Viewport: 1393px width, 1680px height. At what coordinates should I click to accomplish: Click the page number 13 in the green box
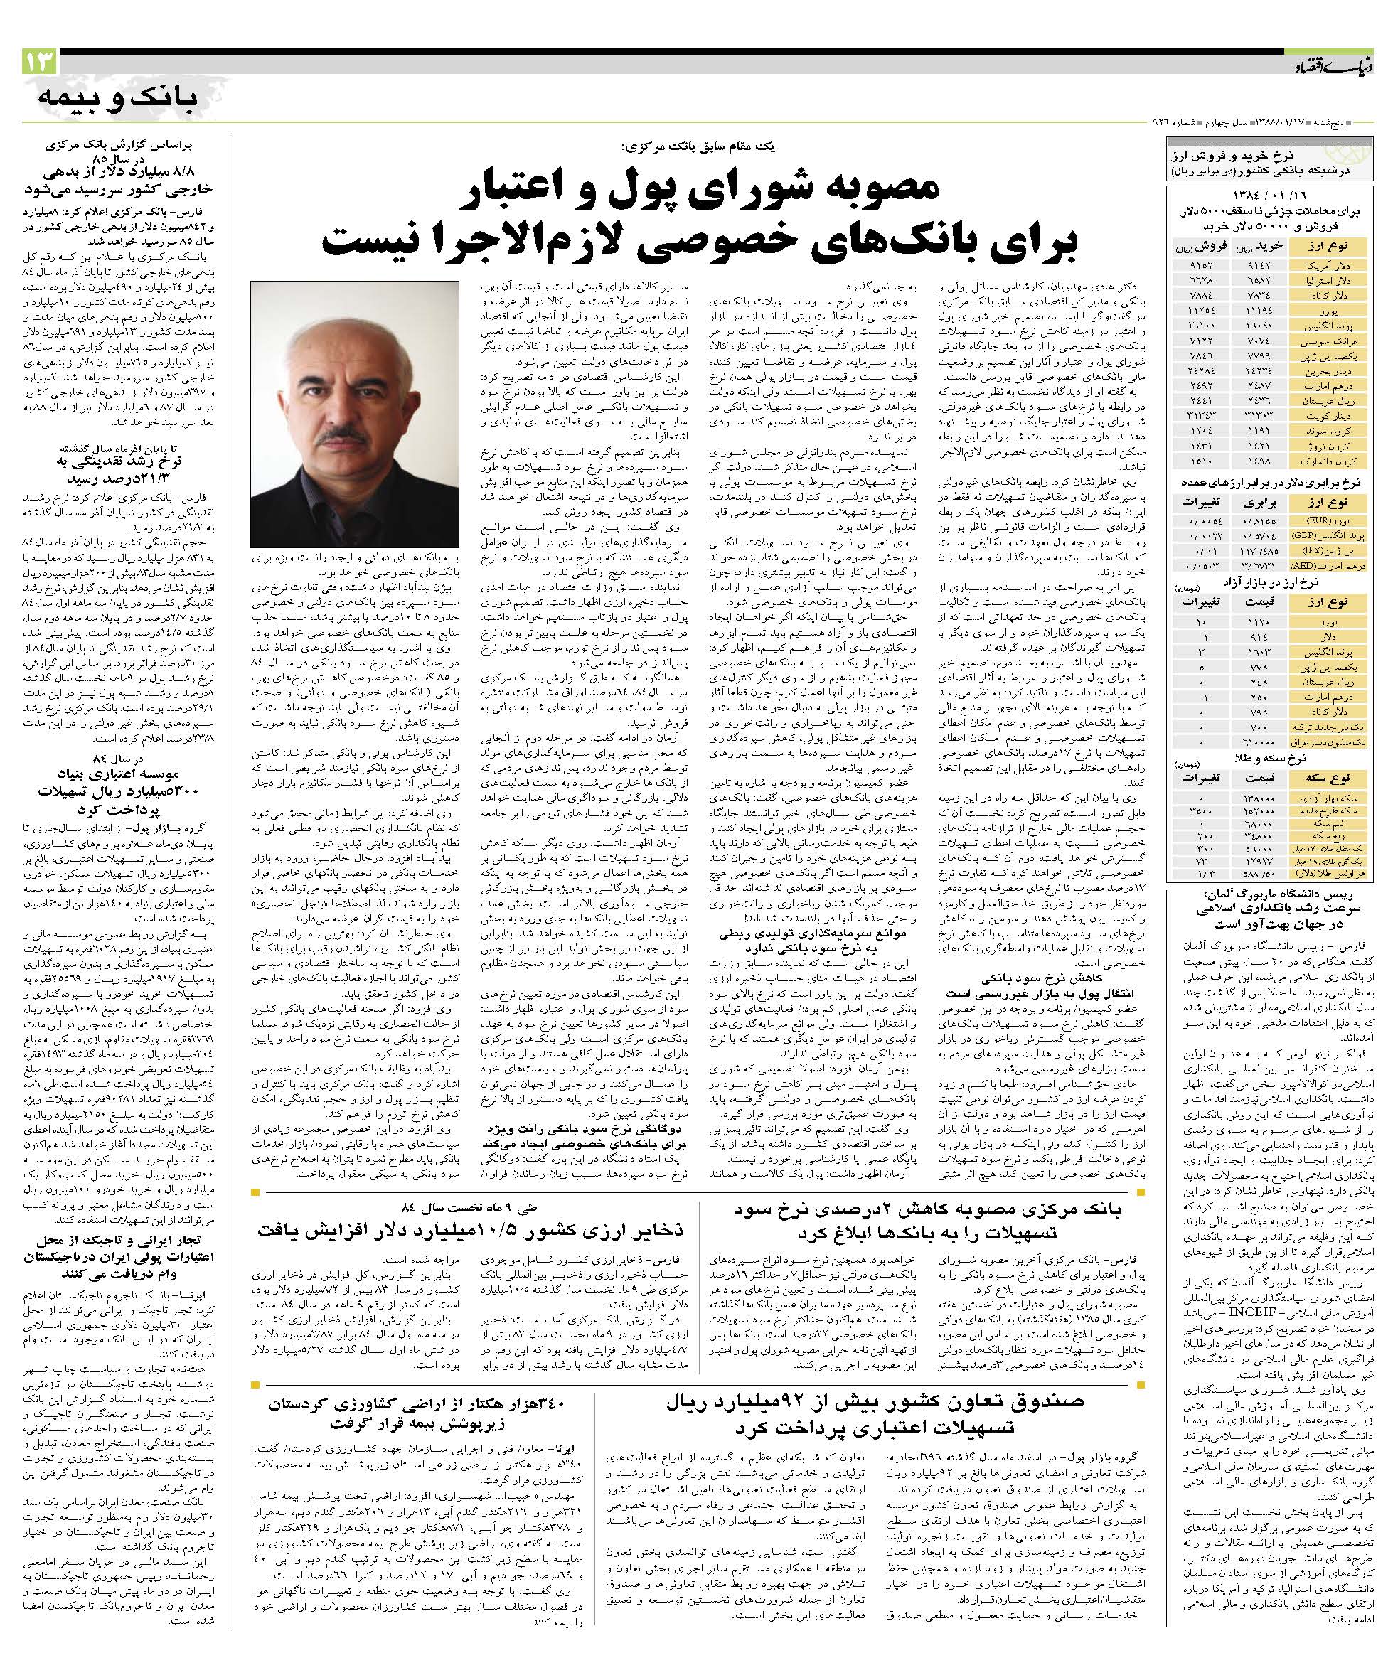click(x=39, y=63)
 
